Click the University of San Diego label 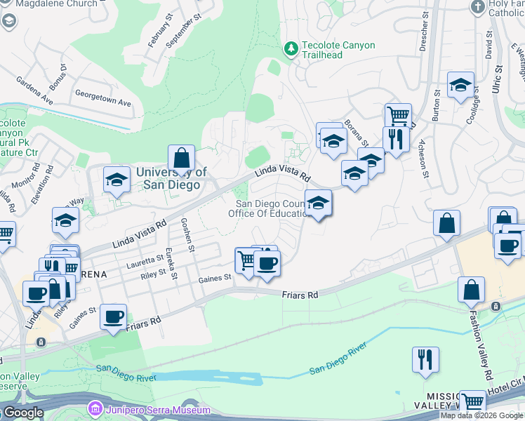click(171, 178)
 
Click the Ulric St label click(498, 79)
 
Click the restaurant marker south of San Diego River click(425, 361)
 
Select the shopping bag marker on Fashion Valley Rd click(471, 290)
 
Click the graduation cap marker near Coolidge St click(460, 86)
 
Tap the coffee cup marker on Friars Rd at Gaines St click(113, 317)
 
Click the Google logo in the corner click(22, 413)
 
